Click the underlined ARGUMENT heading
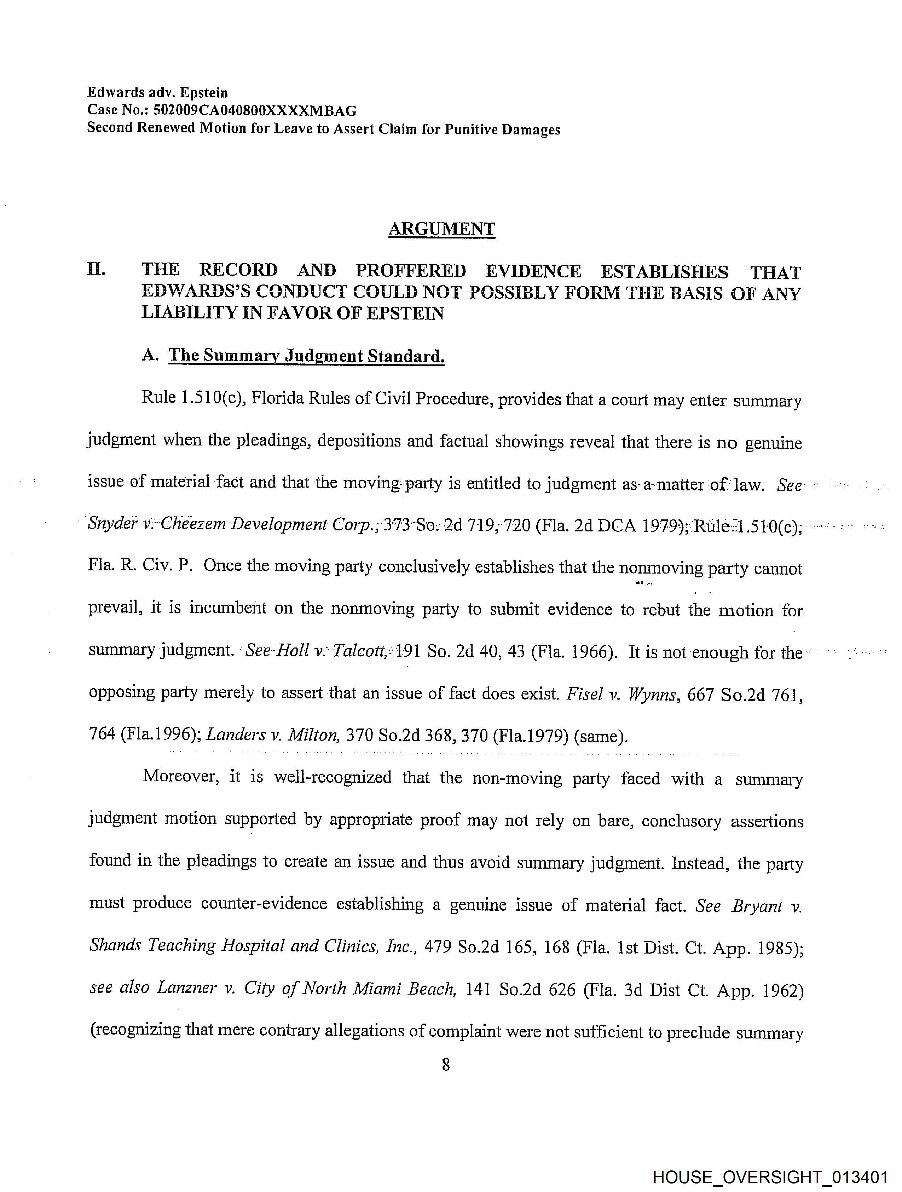click(x=441, y=229)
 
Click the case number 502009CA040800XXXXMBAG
click(x=255, y=111)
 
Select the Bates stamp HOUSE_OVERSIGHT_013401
click(x=770, y=1176)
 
